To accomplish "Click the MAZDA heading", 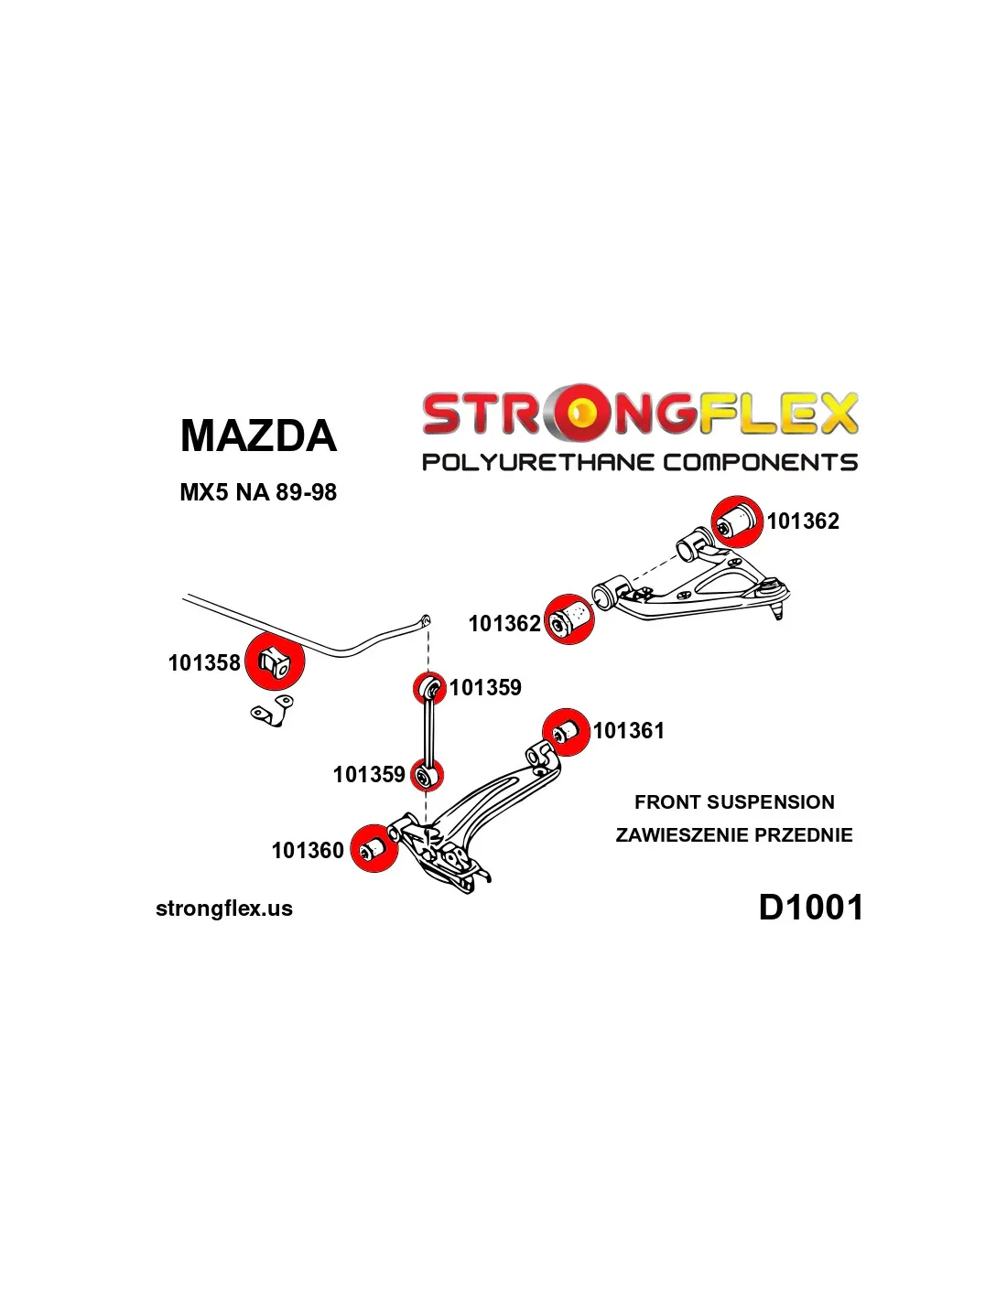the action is pyautogui.click(x=258, y=435).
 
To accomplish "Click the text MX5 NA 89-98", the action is pyautogui.click(x=258, y=492).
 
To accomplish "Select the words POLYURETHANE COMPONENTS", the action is pyautogui.click(x=639, y=462).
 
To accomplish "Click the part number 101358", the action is pyautogui.click(x=204, y=662).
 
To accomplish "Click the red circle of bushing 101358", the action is pyautogui.click(x=275, y=661).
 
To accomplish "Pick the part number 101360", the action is pyautogui.click(x=308, y=850).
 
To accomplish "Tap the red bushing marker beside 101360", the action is pyautogui.click(x=374, y=848).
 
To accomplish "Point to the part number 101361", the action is pyautogui.click(x=628, y=730).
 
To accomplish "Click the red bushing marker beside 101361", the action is pyautogui.click(x=566, y=732).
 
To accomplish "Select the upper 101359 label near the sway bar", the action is pyautogui.click(x=486, y=687).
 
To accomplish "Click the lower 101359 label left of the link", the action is pyautogui.click(x=369, y=775).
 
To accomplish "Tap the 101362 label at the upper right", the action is pyautogui.click(x=804, y=521).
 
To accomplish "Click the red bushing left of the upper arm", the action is pyautogui.click(x=569, y=619).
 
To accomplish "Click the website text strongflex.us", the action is pyautogui.click(x=224, y=909).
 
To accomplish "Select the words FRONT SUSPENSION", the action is pyautogui.click(x=734, y=801).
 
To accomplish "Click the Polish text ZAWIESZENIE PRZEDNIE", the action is pyautogui.click(x=734, y=834).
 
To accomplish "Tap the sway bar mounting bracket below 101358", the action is pyautogui.click(x=273, y=710).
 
